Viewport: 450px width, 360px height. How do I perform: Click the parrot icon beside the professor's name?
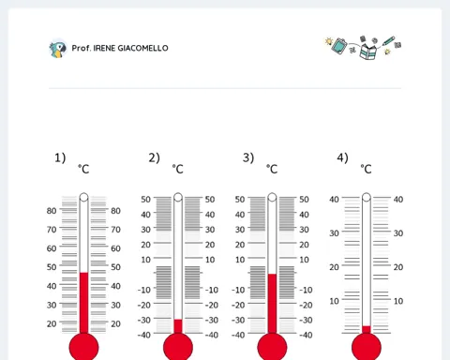pos(58,49)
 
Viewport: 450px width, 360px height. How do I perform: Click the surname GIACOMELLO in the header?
pos(142,48)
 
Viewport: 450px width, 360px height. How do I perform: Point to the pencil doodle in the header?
pos(388,41)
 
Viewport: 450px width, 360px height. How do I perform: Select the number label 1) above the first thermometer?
pos(60,157)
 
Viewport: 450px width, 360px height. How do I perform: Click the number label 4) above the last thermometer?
pos(342,157)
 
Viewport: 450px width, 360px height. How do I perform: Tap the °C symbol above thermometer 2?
pos(178,169)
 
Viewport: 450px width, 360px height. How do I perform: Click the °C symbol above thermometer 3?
pos(272,169)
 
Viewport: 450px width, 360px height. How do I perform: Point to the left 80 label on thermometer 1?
pos(52,211)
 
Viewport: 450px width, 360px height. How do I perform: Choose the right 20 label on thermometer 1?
pos(115,323)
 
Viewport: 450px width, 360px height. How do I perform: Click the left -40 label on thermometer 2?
pos(143,335)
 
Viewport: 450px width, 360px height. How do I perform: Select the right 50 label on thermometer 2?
pos(210,200)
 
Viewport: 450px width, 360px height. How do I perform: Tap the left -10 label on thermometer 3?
pos(238,290)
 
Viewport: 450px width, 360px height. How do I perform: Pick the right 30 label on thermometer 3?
pos(304,230)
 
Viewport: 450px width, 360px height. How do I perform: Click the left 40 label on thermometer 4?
pos(334,200)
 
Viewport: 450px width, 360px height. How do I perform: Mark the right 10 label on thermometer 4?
pos(398,301)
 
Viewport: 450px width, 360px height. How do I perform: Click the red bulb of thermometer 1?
pos(83,347)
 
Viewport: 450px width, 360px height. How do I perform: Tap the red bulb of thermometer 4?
pos(367,347)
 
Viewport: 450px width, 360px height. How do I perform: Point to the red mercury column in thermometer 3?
pos(272,304)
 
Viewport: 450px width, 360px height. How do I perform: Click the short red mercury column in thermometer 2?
pos(178,326)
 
